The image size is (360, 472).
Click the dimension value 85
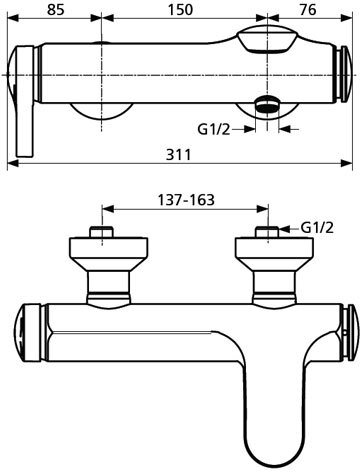click(55, 9)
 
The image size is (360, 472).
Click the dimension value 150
click(180, 9)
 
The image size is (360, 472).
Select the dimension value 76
click(308, 9)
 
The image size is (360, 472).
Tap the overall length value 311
click(179, 155)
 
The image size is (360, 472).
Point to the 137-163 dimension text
click(186, 200)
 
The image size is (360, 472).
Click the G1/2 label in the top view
click(214, 129)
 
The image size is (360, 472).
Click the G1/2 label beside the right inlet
click(317, 228)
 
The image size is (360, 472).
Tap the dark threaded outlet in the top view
click(267, 104)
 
